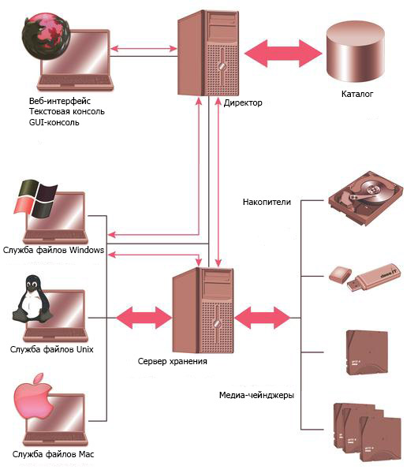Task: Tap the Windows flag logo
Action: [x=35, y=199]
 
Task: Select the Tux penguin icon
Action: [x=32, y=299]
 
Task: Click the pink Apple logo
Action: [x=34, y=396]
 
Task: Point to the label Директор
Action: [x=243, y=102]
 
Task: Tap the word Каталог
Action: [x=357, y=94]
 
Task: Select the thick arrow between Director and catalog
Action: [x=283, y=53]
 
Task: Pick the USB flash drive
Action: [x=365, y=277]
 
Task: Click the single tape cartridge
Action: [x=367, y=352]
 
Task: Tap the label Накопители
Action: [x=267, y=202]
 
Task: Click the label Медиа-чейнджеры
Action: [x=256, y=395]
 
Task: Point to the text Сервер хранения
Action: [x=173, y=361]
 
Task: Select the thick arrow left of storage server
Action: [x=144, y=318]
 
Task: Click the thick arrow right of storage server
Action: [x=263, y=318]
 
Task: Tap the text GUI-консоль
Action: [x=54, y=122]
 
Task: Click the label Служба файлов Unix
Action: [x=51, y=349]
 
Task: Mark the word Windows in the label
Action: [x=87, y=250]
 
